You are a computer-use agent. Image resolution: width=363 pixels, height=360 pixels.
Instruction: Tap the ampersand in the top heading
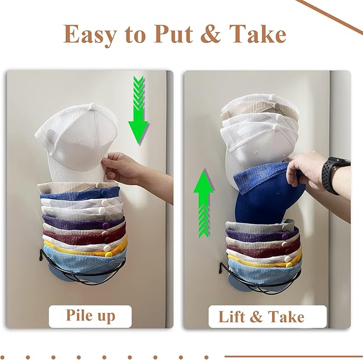coord(210,34)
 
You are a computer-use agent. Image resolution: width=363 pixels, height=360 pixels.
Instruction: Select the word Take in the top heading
coord(258,34)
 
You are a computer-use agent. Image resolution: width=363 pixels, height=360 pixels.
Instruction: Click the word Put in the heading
coord(173,34)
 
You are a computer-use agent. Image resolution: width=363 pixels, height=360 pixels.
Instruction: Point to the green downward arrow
coord(138,110)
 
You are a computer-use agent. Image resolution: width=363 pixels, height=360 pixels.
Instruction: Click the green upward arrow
coord(204,204)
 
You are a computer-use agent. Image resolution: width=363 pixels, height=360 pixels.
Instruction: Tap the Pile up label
coord(90,316)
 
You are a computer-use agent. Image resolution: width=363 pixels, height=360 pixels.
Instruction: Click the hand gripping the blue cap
coord(306,170)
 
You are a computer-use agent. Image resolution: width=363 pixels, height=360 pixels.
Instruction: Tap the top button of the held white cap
coord(92,106)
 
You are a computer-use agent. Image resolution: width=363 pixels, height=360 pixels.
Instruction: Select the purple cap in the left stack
coord(84,222)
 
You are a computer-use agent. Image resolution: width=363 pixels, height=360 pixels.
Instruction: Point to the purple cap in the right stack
coord(261,233)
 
